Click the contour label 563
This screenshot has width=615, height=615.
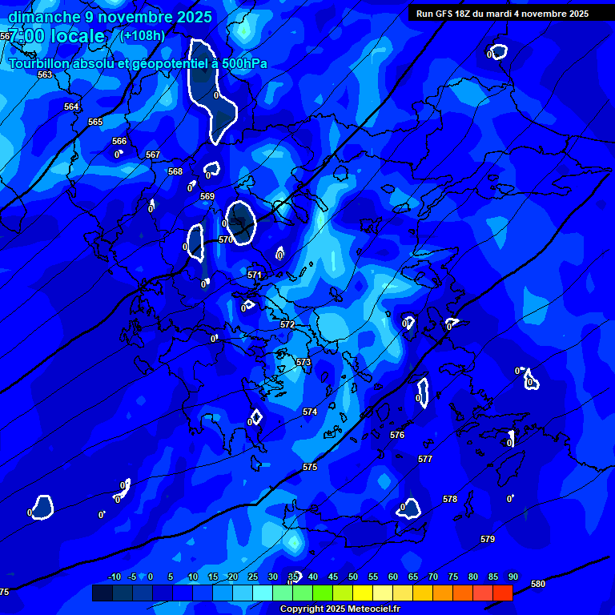point(45,74)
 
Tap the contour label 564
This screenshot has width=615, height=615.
point(71,107)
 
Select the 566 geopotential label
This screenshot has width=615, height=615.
point(119,141)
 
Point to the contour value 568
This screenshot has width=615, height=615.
point(175,171)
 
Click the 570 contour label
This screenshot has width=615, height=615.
point(226,239)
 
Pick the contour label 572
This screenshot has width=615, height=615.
point(287,324)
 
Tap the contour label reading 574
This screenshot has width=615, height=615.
point(310,412)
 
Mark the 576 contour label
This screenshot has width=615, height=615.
point(397,435)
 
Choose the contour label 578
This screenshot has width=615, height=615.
point(450,499)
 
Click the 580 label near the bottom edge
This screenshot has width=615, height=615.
point(538,584)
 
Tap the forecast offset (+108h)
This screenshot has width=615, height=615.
point(143,35)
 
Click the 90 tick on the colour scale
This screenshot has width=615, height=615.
point(512,577)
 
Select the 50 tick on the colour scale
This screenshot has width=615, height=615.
point(352,577)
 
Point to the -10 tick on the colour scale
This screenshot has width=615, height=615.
point(114,577)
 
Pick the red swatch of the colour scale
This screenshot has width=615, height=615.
point(502,593)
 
